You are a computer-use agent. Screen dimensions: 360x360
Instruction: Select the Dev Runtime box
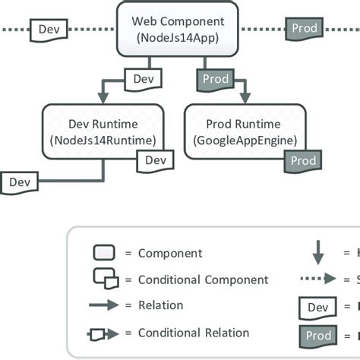[x=103, y=130]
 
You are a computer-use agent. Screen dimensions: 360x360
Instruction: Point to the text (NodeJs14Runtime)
[x=103, y=140]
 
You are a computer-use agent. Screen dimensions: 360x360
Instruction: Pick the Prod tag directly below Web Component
[x=214, y=78]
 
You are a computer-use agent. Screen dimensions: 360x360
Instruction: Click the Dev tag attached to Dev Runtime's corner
[x=155, y=160]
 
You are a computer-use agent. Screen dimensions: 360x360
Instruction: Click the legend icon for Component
[x=103, y=253]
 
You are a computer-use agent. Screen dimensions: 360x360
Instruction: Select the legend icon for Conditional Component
[x=104, y=279]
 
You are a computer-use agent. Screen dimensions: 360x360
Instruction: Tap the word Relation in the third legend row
[x=161, y=305]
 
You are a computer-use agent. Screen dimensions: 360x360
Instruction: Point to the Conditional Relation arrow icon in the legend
[x=104, y=333]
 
